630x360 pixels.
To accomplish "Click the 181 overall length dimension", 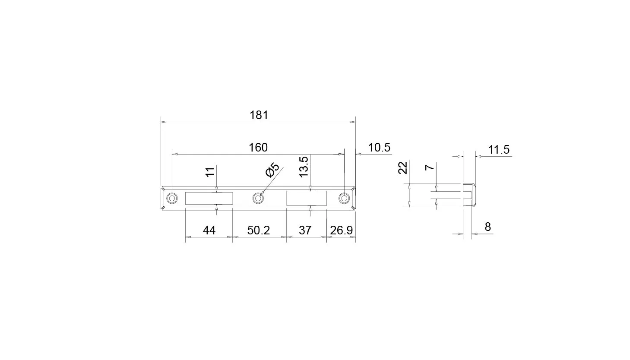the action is (259, 115).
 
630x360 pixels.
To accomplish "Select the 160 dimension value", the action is (258, 148).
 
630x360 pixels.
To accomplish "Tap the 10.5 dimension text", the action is (379, 148).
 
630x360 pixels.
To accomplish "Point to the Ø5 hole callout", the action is (272, 170).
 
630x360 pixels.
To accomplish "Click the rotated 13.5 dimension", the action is (304, 167).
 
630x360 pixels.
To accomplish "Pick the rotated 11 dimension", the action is (210, 172).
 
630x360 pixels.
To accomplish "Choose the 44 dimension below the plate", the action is (209, 231).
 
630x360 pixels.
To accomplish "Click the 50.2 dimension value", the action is (259, 231).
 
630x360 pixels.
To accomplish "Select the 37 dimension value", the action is (305, 231).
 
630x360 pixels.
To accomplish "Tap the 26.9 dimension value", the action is (342, 231).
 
